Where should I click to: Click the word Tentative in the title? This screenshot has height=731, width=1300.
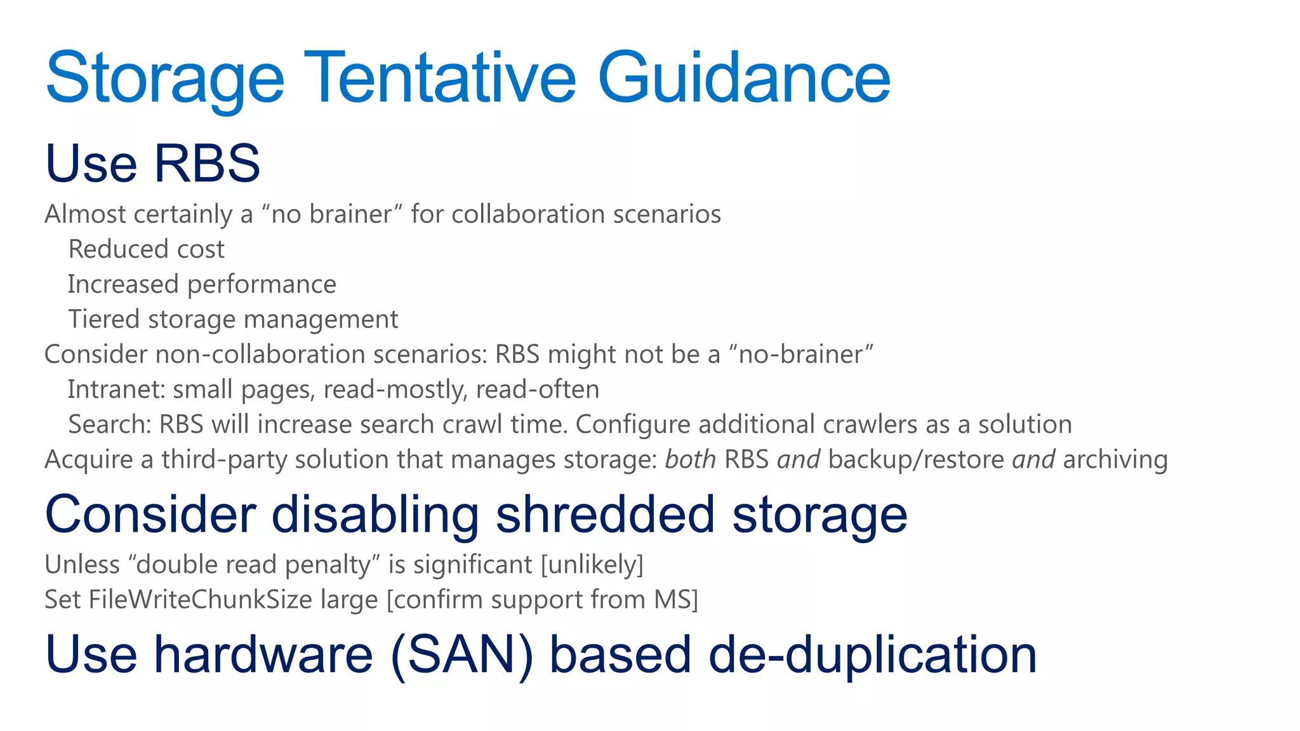point(440,77)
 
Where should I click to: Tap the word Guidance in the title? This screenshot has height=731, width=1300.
point(744,77)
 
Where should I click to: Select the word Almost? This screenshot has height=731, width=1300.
point(85,214)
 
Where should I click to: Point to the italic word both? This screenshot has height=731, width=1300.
point(690,459)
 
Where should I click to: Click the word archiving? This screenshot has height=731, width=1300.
point(1115,460)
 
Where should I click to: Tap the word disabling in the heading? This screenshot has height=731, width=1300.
point(375,515)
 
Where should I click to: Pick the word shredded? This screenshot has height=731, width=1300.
point(605,515)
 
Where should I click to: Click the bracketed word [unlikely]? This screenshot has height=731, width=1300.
point(592,565)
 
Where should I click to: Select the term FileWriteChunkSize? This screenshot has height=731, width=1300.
point(201,600)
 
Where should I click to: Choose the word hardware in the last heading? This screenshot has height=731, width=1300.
point(263,655)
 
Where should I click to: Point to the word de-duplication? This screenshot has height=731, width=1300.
point(872,655)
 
